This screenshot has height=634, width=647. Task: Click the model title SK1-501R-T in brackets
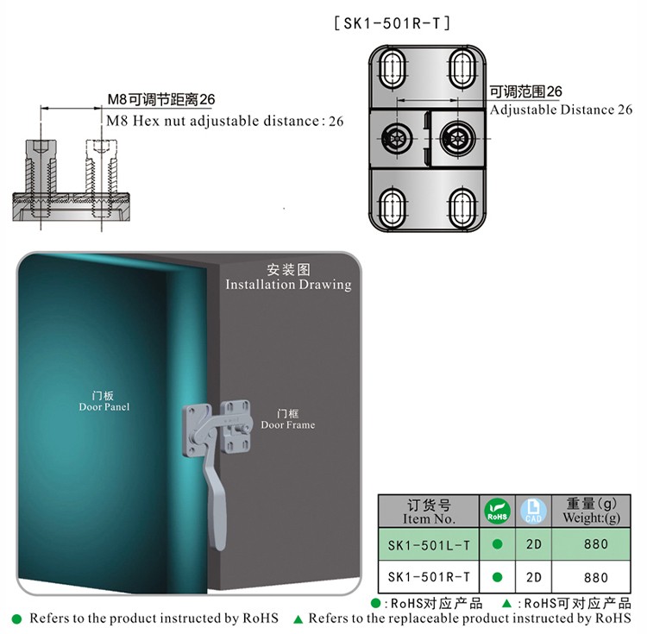(392, 23)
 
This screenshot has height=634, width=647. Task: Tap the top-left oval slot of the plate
(390, 68)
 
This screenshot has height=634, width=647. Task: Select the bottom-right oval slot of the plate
(462, 208)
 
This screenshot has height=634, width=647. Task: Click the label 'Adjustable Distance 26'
(562, 110)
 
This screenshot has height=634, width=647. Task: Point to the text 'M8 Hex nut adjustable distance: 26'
(225, 121)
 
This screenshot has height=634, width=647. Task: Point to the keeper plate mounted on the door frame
(236, 427)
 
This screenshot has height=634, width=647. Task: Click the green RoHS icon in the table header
(497, 512)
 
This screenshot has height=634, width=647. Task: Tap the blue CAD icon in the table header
(533, 512)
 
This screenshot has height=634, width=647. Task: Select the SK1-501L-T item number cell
(429, 545)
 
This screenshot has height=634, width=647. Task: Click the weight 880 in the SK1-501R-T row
(596, 577)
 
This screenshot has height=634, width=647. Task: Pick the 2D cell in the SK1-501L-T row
(533, 544)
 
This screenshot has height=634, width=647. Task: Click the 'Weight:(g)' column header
(591, 518)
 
